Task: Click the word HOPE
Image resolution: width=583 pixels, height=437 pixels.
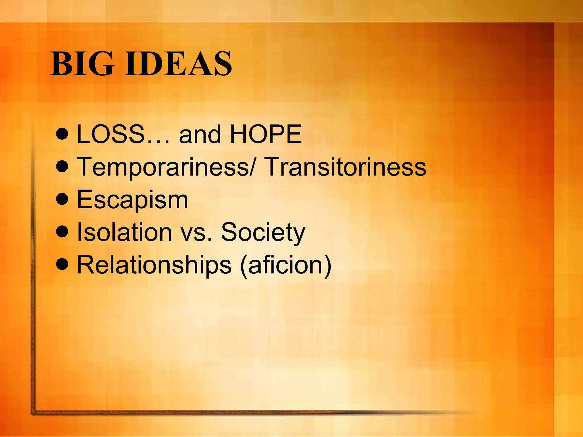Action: [266, 134]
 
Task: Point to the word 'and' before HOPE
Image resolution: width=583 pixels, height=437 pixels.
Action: [200, 134]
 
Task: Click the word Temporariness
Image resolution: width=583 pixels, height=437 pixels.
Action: [163, 167]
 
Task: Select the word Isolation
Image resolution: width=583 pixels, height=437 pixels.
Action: [125, 232]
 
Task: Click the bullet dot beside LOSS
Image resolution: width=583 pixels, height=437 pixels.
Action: [62, 135]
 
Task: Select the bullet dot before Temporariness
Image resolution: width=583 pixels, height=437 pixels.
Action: [62, 168]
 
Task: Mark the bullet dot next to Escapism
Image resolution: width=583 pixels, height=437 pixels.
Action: [62, 200]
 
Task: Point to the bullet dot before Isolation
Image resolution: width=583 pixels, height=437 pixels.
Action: [62, 232]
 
